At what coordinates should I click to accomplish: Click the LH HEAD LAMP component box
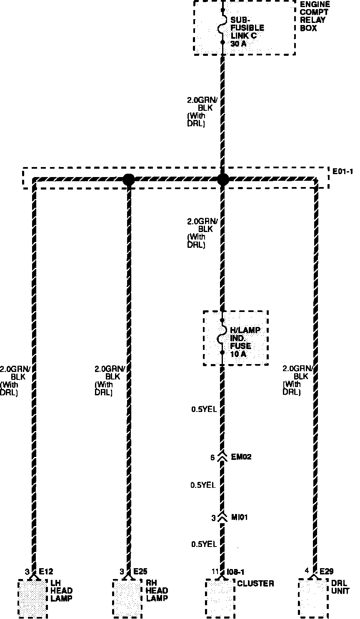point(32,598)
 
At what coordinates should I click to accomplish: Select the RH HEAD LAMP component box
point(127,598)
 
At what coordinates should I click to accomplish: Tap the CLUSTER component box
point(220,598)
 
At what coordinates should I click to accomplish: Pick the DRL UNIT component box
point(313,598)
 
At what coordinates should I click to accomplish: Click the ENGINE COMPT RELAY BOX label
point(315,16)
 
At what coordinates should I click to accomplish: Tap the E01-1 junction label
point(343,171)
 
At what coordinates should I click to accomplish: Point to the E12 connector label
point(46,572)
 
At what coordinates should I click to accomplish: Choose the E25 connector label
point(140,572)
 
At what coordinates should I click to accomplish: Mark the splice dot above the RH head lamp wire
point(128,180)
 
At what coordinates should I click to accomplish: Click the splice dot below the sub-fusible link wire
point(223,180)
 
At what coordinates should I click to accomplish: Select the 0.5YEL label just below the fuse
point(204,409)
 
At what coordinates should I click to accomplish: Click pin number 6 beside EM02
point(212,457)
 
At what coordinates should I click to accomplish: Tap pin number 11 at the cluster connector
point(215,572)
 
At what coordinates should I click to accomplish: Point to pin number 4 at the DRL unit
point(307,572)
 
